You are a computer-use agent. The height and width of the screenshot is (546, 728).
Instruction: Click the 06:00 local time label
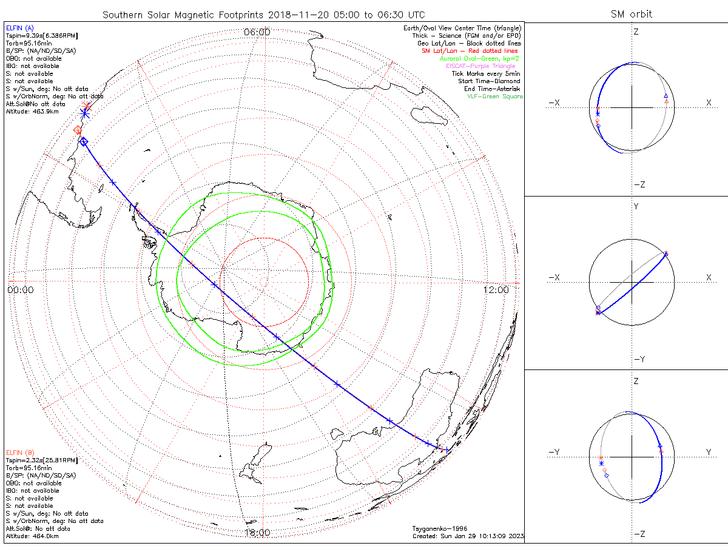point(257,32)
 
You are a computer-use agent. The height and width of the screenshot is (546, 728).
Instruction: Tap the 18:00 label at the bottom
point(257,533)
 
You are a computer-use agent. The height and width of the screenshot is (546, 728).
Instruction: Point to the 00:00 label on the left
point(21,290)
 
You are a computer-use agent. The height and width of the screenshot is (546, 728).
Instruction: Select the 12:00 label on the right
point(496,290)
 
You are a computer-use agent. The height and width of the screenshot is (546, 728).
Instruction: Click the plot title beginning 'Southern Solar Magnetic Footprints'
point(263,15)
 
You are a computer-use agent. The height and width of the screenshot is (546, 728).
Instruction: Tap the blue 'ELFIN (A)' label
point(20,28)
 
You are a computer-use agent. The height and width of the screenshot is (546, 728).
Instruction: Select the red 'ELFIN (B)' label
point(20,453)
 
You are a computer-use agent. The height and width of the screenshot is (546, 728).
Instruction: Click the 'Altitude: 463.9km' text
point(32,112)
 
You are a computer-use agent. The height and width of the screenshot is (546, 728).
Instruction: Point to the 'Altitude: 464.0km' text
point(32,536)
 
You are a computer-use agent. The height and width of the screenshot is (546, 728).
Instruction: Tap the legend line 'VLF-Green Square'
point(494,96)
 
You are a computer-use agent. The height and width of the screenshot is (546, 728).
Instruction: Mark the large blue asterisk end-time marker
point(85,112)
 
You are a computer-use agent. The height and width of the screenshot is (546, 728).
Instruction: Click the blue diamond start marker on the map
point(84,141)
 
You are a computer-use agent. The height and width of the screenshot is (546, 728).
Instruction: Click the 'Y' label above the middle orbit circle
point(636,207)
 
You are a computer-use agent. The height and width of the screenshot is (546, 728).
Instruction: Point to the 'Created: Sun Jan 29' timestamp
point(467,536)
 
